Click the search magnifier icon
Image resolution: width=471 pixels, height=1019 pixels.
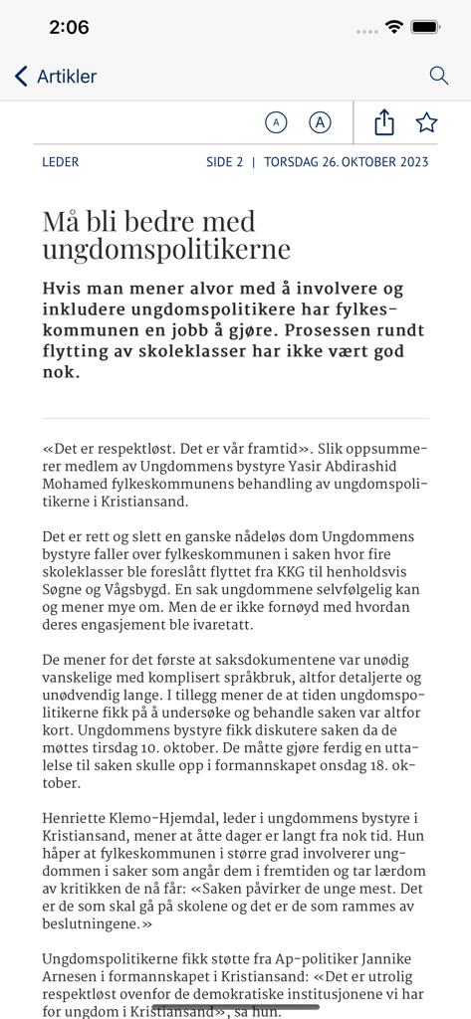pos(438,76)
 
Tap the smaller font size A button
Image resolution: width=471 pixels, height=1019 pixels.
pos(276,122)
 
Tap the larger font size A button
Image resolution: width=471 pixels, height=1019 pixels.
pos(320,122)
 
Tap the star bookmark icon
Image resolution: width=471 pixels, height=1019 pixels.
pos(426,122)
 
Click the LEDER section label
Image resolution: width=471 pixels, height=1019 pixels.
pos(61,162)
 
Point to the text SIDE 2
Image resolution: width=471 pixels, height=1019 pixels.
pos(224,162)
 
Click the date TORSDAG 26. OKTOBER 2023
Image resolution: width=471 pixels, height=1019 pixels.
pos(347,162)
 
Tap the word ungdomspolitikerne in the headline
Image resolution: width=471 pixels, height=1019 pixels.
pos(166,249)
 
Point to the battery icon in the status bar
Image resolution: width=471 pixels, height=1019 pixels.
pos(426,27)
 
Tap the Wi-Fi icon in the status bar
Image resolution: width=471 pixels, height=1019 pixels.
pos(394,27)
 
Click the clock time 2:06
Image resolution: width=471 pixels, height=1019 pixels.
pos(69,28)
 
